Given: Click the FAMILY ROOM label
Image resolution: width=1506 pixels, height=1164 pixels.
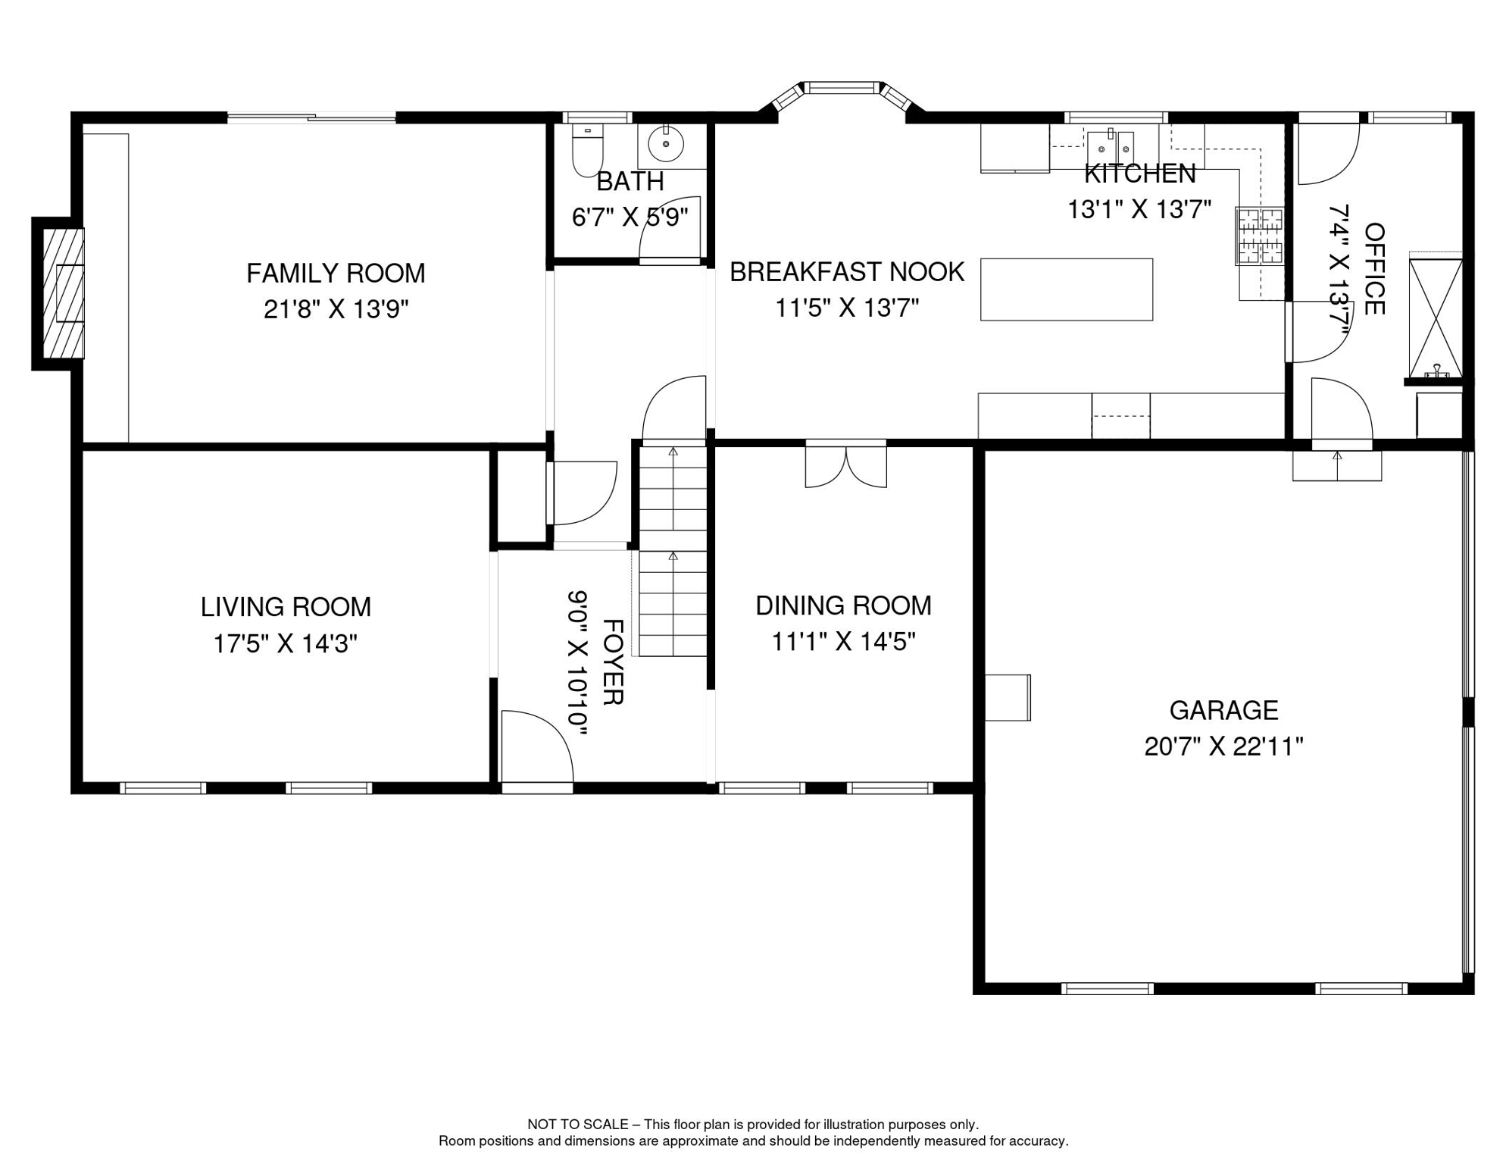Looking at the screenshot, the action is pyautogui.click(x=336, y=273).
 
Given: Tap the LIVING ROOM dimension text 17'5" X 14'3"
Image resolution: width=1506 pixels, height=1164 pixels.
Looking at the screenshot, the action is pyautogui.click(x=285, y=643).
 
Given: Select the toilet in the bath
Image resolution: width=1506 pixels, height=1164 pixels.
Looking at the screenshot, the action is pyautogui.click(x=587, y=152).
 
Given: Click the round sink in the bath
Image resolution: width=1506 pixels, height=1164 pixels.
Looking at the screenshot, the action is pyautogui.click(x=666, y=143).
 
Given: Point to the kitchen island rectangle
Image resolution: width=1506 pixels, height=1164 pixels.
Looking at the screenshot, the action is pyautogui.click(x=1067, y=289).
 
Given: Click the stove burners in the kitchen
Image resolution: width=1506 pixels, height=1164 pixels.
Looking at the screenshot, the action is pyautogui.click(x=1260, y=236).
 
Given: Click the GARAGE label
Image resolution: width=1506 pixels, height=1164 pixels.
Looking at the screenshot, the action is pyautogui.click(x=1223, y=710).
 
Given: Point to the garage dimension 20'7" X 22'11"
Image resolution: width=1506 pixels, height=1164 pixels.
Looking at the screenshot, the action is pyautogui.click(x=1223, y=746).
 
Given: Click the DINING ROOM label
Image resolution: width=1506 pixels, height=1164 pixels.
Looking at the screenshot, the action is pyautogui.click(x=843, y=605).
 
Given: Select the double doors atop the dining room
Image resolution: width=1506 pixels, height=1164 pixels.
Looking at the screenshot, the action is pyautogui.click(x=845, y=467).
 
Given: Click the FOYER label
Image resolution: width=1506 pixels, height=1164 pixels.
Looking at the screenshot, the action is pyautogui.click(x=612, y=662).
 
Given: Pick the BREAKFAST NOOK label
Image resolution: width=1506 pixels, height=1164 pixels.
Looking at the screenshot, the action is pyautogui.click(x=847, y=271).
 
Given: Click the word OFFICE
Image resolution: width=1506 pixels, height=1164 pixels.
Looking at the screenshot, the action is pyautogui.click(x=1374, y=268).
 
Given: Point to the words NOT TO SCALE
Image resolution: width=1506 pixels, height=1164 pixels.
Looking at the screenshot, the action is pyautogui.click(x=577, y=1125).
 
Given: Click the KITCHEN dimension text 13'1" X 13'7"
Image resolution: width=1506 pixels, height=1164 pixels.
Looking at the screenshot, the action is pyautogui.click(x=1139, y=209).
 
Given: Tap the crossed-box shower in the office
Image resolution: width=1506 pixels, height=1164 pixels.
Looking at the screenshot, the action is pyautogui.click(x=1435, y=318).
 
